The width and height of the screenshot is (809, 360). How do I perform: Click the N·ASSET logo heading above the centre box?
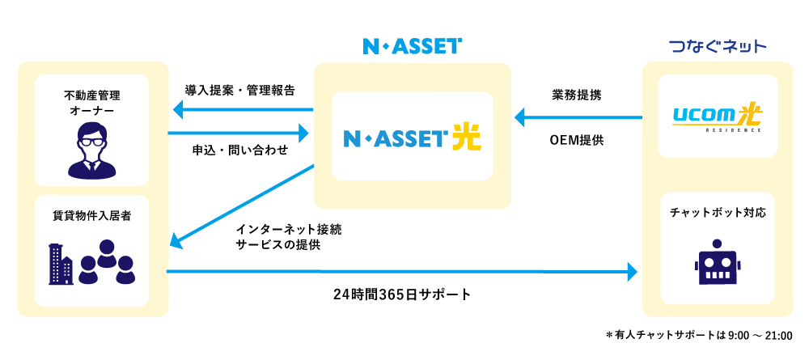click(412, 46)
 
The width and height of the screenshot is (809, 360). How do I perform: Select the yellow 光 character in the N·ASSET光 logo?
click(465, 136)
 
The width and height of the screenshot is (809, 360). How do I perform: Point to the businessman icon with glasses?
click(92, 150)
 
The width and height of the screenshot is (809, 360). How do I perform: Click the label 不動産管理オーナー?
click(92, 102)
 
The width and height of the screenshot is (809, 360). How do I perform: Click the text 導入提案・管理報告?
click(239, 89)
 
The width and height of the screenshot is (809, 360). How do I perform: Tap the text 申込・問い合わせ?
click(240, 150)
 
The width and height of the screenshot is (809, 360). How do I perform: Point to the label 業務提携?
click(576, 94)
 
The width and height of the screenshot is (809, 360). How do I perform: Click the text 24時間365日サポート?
click(401, 293)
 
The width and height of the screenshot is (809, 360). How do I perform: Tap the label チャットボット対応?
click(718, 213)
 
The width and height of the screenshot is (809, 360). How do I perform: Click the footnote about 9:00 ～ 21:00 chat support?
click(698, 335)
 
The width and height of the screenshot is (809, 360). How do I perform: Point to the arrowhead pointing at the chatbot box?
click(632, 272)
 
